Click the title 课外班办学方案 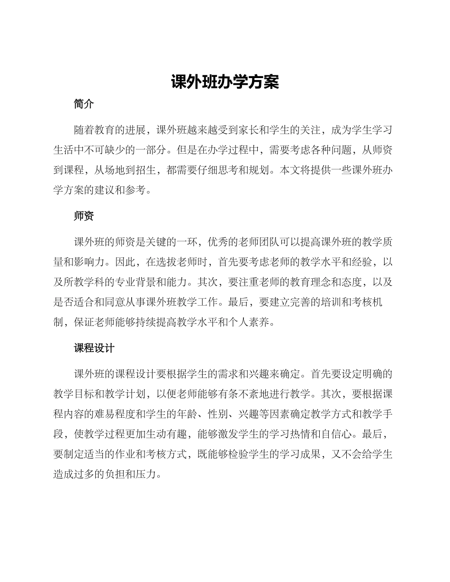point(225,82)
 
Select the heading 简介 point(84,104)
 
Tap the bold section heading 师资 point(84,216)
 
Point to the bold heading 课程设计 point(94,349)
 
